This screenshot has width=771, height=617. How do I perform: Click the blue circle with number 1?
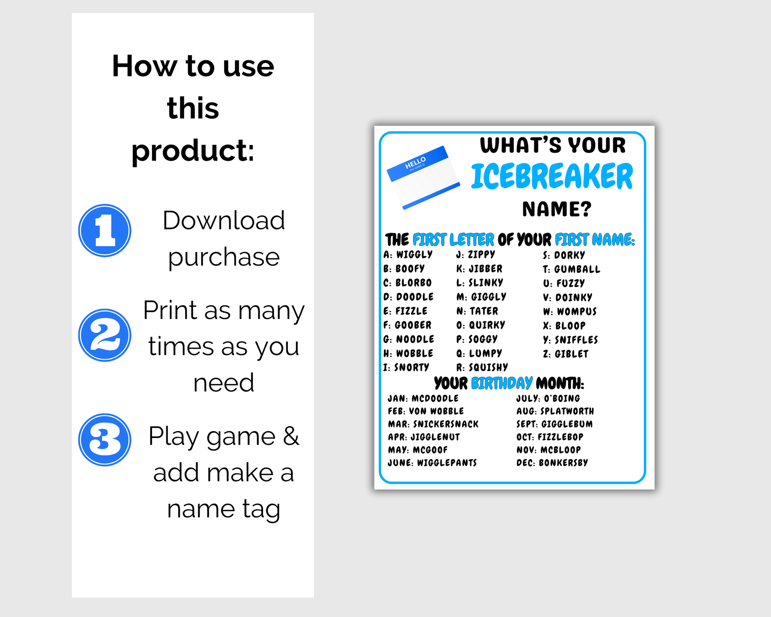[x=105, y=231]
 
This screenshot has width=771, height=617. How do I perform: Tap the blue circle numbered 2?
[x=105, y=335]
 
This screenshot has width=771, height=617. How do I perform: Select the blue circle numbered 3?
[x=105, y=440]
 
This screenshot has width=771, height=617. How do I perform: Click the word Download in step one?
[x=224, y=220]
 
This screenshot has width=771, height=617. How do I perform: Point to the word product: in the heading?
[x=193, y=152]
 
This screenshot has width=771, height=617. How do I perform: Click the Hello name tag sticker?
[x=423, y=177]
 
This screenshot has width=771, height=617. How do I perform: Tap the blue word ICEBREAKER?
[x=552, y=176]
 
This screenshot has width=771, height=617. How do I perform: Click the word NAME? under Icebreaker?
[x=557, y=209]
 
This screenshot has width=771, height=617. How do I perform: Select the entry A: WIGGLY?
[x=408, y=254]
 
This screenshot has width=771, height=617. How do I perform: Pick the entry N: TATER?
[x=477, y=311]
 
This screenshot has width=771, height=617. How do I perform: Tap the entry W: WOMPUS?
[x=570, y=311]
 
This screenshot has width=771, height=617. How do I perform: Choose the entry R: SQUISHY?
[x=482, y=367]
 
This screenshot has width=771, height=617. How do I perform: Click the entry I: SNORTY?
[x=406, y=367]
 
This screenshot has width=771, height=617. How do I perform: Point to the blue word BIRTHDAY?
[x=502, y=383]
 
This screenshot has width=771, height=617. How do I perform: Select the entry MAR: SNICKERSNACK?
[x=433, y=424]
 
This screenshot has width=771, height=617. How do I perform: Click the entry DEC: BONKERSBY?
[x=552, y=462]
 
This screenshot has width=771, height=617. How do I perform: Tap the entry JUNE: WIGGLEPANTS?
[x=432, y=462]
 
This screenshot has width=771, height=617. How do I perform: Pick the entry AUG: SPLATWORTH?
[x=555, y=411]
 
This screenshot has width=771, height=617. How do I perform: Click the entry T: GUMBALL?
[x=572, y=269]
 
